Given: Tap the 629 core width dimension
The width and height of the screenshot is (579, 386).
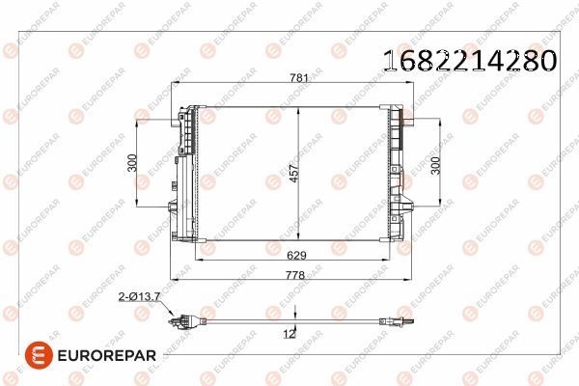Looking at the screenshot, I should pyautogui.click(x=297, y=256).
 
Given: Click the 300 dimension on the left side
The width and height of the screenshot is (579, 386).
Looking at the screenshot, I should pyautogui.click(x=133, y=166).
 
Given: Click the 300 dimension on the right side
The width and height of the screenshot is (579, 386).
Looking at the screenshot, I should pyautogui.click(x=435, y=166).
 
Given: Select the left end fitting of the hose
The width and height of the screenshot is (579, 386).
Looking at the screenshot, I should pyautogui.click(x=181, y=322).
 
